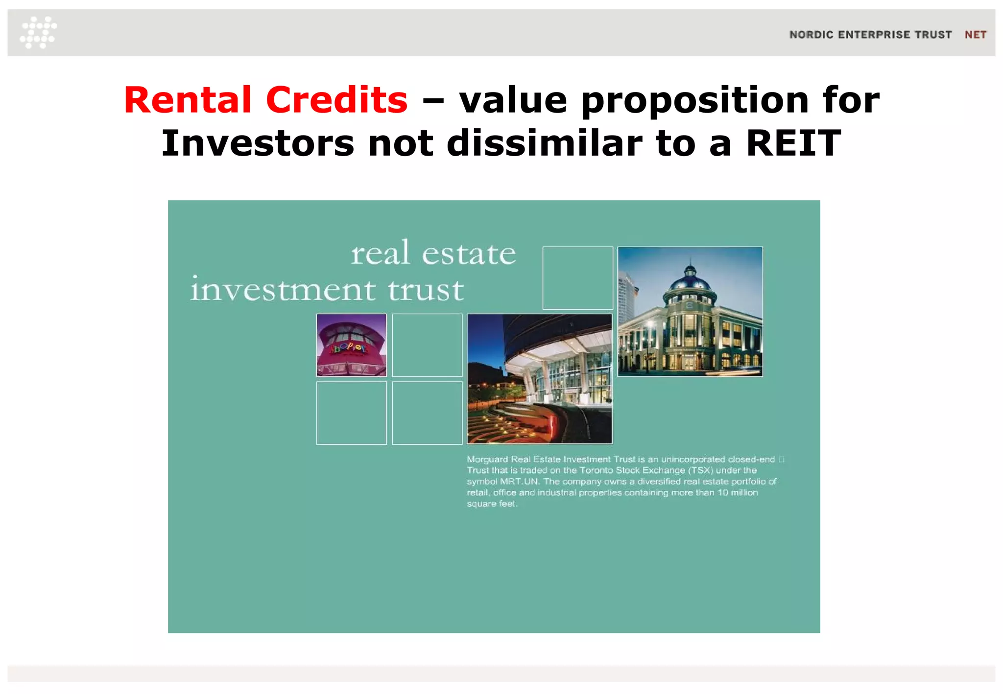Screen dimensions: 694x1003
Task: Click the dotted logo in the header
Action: click(38, 32)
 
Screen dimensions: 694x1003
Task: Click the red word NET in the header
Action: click(975, 35)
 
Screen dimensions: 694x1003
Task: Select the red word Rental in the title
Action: click(188, 100)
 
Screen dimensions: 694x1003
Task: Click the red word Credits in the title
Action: click(336, 100)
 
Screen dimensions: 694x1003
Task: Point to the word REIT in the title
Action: click(793, 143)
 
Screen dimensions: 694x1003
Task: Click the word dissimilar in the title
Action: click(544, 143)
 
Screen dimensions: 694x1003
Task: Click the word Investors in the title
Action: click(258, 143)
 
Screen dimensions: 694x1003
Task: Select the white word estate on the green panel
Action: click(469, 254)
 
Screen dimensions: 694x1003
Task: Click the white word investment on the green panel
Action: click(283, 289)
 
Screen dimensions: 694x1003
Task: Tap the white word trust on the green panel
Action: click(426, 289)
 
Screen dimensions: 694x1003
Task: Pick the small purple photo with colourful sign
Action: click(351, 345)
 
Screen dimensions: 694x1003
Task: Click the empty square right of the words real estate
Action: click(577, 278)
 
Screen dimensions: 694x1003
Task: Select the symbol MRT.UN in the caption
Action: click(519, 482)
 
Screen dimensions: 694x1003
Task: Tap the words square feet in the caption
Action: click(491, 504)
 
